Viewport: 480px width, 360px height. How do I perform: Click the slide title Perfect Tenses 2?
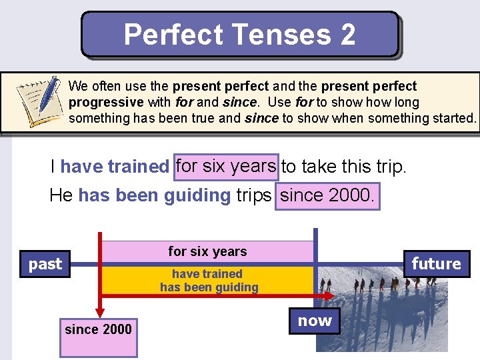tap(239, 35)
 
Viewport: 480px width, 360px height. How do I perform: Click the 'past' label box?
tap(45, 264)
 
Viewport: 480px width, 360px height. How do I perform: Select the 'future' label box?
tap(436, 264)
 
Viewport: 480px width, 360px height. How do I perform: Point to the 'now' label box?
tap(315, 321)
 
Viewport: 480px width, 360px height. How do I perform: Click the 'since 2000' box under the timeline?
tap(98, 329)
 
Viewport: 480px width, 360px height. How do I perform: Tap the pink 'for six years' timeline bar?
tap(207, 251)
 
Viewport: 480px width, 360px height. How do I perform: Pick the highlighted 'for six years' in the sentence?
tap(226, 165)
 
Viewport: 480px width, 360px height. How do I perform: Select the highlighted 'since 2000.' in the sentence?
tap(328, 196)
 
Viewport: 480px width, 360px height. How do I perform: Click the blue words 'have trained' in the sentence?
tap(115, 167)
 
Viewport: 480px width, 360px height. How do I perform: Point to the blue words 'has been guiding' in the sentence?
tap(154, 196)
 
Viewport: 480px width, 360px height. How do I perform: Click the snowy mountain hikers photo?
tap(387, 313)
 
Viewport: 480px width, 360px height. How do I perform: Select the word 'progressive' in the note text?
tap(106, 102)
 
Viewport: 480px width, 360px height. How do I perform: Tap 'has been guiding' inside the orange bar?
tap(209, 288)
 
